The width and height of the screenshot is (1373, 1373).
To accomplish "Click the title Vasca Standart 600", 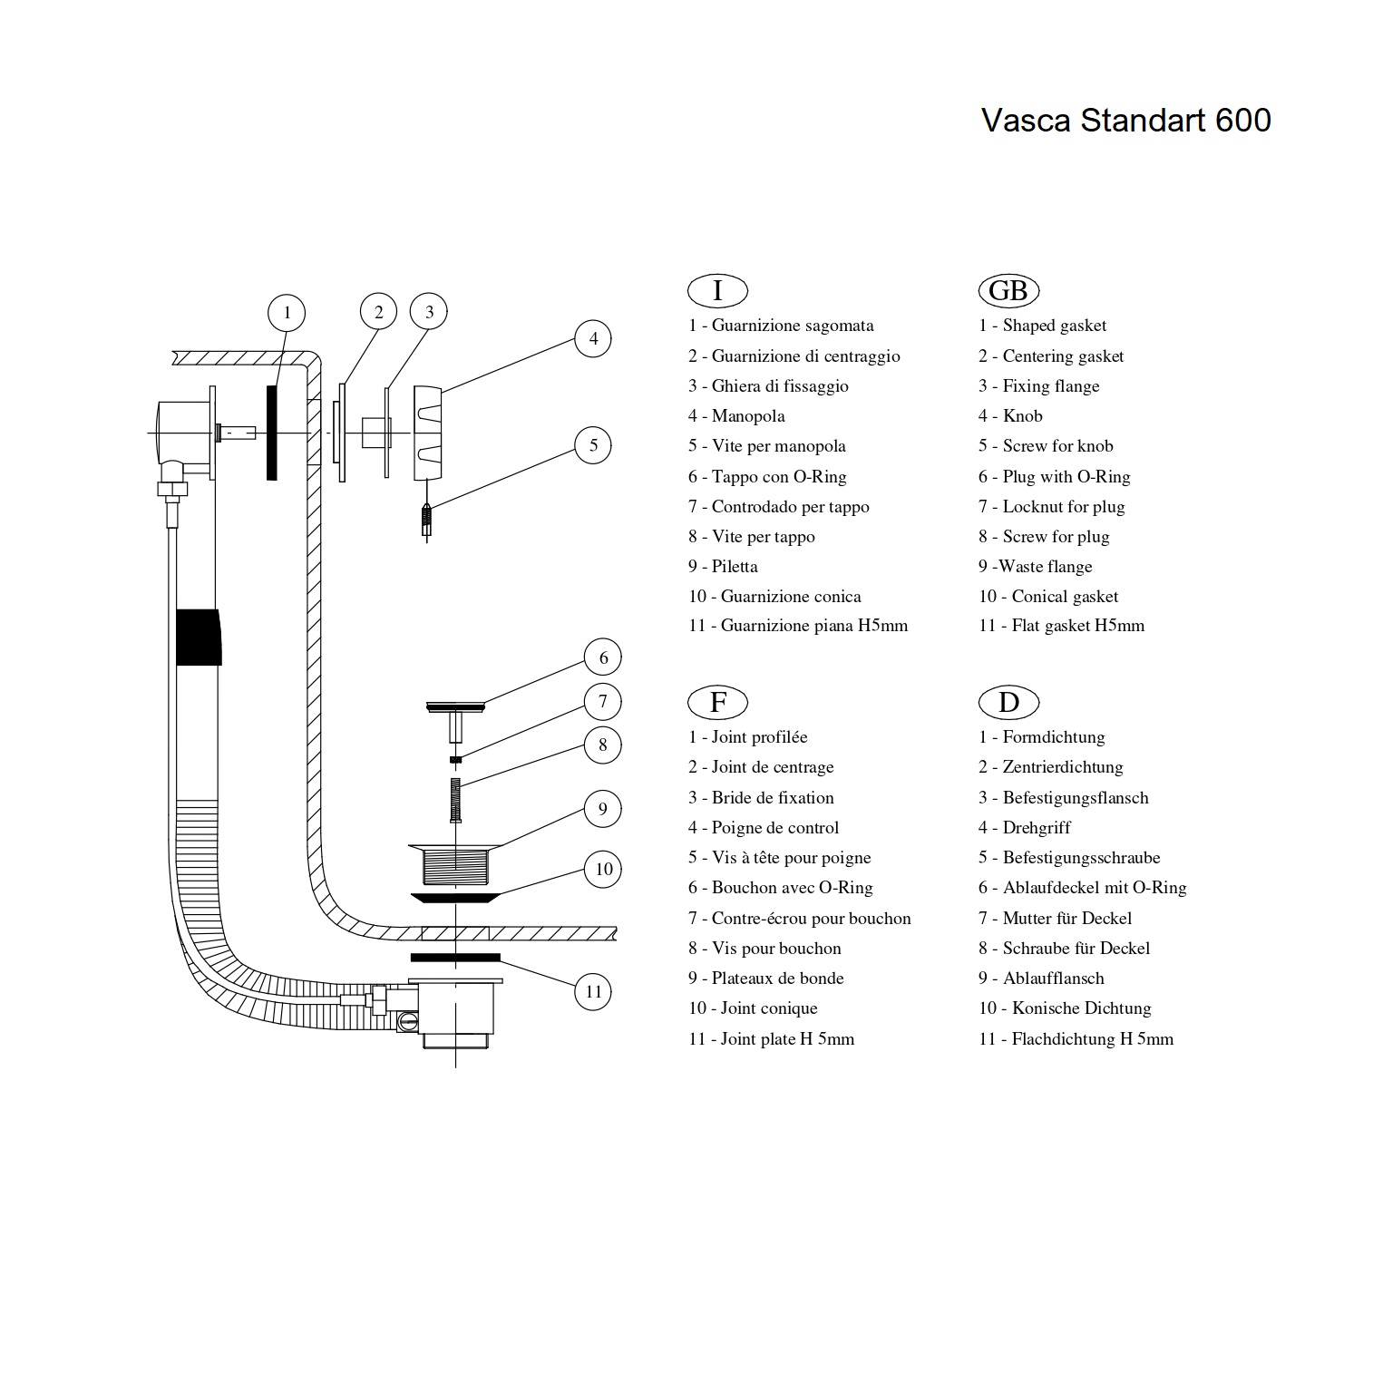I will (1125, 121).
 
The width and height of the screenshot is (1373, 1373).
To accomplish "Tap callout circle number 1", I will (287, 313).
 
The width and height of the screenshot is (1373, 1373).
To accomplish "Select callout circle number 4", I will (593, 339).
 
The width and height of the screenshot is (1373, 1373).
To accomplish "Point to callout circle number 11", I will (593, 991).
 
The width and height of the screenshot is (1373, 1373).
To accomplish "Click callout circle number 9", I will (602, 809).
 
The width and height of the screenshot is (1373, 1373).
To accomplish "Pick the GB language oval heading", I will (1008, 291).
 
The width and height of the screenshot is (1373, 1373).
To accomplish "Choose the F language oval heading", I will (717, 702).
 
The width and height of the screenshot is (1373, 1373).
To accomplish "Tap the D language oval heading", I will (1008, 702).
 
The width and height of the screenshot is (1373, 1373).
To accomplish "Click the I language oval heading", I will (717, 291).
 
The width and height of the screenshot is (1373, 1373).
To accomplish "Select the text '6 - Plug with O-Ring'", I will (1054, 477).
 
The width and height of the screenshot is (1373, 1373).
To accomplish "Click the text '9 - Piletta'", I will (723, 567).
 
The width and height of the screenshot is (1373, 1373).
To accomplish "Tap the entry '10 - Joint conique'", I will (753, 1008).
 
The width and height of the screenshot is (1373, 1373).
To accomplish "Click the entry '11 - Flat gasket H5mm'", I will (1061, 626).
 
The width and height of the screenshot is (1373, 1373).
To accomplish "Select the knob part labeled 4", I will (428, 433).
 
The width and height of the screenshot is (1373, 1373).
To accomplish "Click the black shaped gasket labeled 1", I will (271, 433).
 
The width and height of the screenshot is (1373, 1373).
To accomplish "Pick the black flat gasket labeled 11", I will (454, 957).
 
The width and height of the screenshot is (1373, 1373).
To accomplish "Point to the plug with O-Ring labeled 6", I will (454, 707).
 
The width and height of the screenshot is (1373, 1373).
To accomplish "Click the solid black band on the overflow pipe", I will (198, 637).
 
